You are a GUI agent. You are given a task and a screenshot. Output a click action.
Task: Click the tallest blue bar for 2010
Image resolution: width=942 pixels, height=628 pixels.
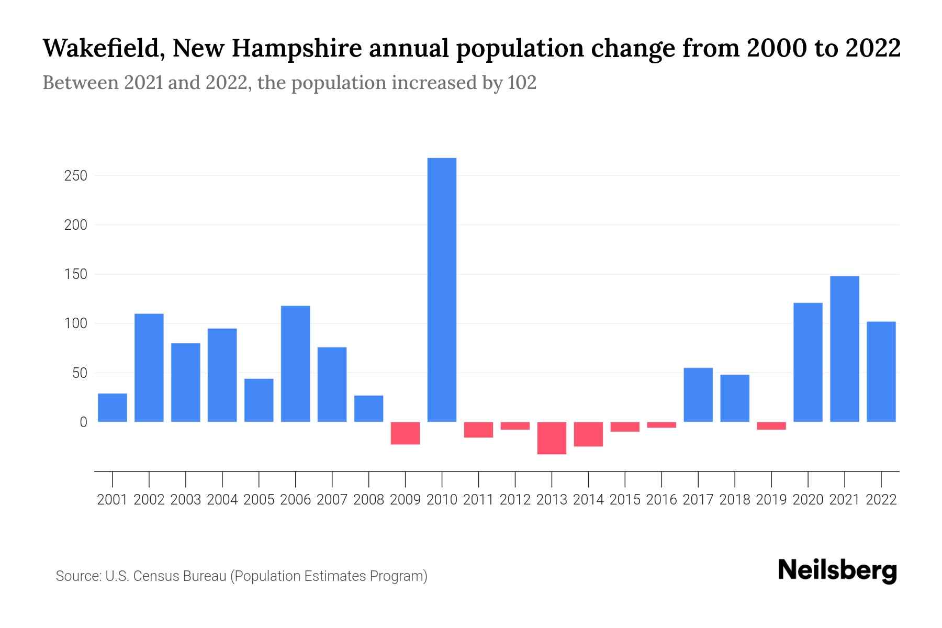tap(442, 289)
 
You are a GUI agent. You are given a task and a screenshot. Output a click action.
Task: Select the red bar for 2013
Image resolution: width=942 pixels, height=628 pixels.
tap(552, 438)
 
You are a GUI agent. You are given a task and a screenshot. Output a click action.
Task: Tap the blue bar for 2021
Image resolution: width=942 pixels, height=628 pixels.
tap(844, 349)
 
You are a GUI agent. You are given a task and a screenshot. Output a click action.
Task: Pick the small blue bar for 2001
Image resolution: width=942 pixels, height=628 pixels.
tap(113, 408)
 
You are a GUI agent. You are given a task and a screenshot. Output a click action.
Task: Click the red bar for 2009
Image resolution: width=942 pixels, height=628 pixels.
tap(405, 433)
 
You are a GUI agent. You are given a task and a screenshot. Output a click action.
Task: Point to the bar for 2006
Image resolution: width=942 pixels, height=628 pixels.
tap(295, 364)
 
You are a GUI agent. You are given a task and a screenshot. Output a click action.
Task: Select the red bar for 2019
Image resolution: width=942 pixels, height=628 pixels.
tap(771, 426)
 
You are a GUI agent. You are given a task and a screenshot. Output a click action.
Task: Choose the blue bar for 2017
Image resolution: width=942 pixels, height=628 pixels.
tap(698, 395)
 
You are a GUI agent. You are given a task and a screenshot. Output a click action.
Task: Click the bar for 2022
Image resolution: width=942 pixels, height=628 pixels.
tap(881, 372)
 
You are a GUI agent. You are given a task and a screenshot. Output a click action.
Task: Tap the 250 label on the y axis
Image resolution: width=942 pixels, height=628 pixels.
tap(75, 176)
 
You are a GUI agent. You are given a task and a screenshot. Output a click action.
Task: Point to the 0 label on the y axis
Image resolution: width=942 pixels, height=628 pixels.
tap(83, 422)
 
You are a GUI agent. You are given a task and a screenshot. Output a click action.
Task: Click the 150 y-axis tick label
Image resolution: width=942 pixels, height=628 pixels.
tap(75, 274)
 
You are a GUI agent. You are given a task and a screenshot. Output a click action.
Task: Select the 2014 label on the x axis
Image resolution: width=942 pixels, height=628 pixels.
tap(588, 500)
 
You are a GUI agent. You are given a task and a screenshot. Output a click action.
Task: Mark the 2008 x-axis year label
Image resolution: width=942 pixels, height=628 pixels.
tap(368, 500)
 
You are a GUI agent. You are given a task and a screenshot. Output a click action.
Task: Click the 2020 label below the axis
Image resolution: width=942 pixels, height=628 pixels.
tap(808, 500)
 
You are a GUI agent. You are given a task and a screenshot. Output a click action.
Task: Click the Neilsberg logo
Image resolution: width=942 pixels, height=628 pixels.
tap(837, 571)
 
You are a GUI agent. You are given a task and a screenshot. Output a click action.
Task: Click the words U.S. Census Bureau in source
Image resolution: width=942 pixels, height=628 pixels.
tap(166, 576)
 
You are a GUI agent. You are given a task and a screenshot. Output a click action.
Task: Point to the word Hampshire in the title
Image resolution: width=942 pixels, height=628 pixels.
tap(297, 49)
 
